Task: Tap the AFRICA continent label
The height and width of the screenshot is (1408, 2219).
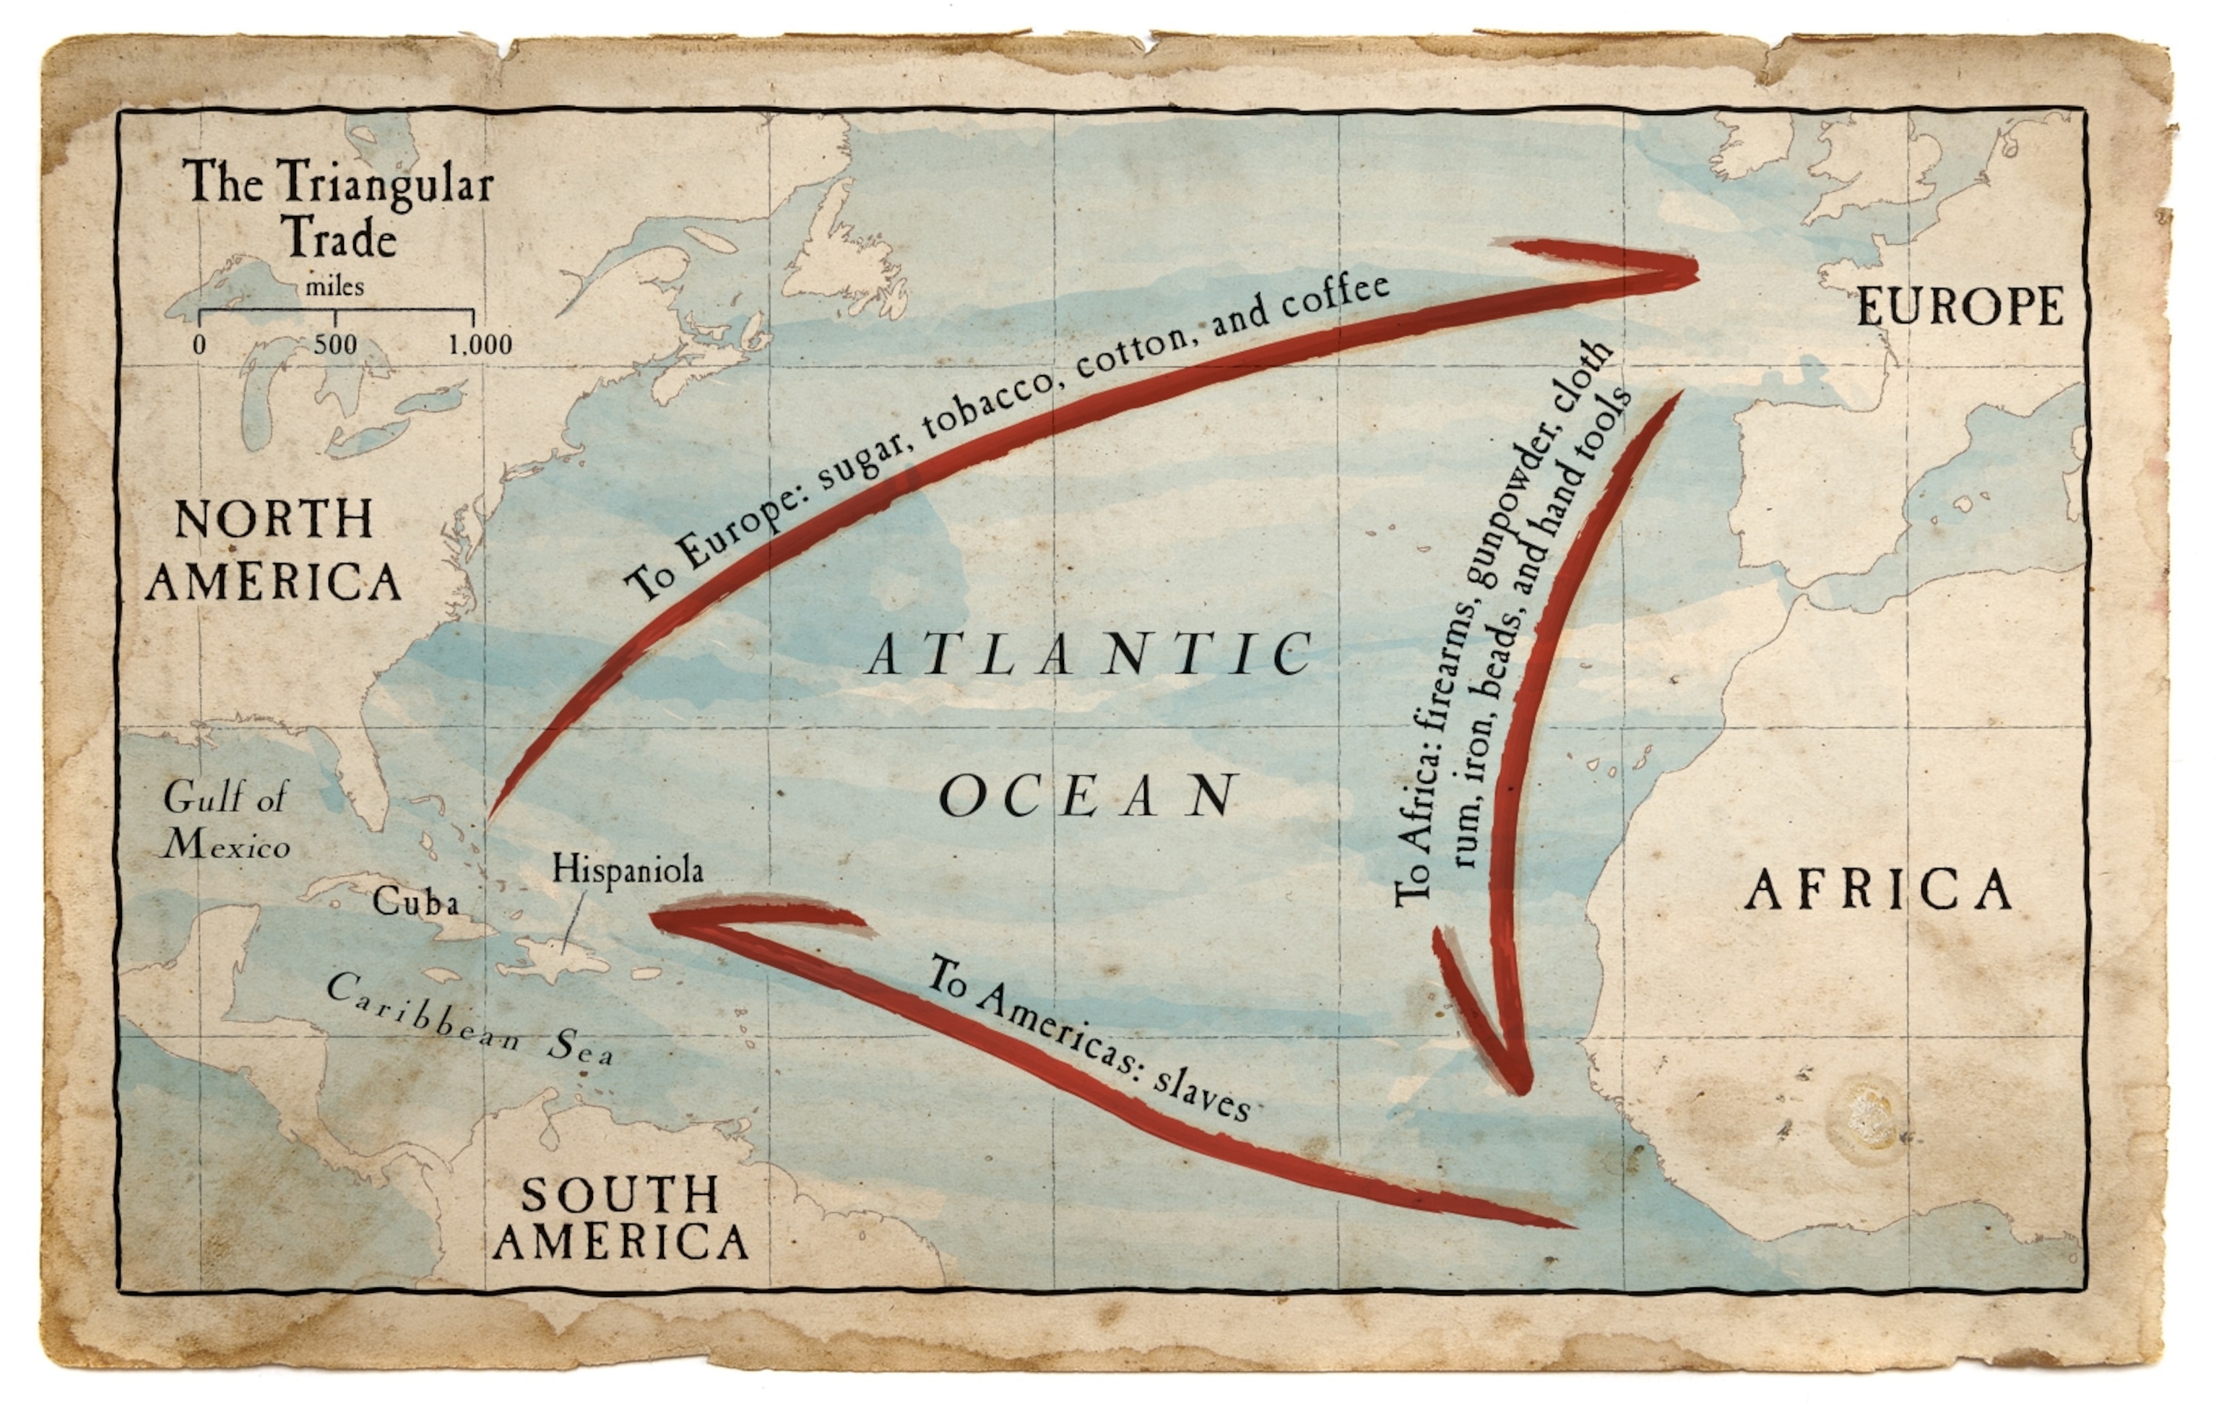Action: pos(1880,890)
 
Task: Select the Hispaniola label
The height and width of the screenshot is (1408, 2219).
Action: pos(628,870)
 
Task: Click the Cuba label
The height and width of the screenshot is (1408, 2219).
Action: pos(415,901)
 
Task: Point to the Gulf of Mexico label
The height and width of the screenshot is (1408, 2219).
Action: pos(227,820)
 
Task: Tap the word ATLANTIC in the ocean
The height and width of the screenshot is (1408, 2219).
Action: pos(1090,655)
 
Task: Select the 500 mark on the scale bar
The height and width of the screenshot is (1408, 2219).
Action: pos(334,345)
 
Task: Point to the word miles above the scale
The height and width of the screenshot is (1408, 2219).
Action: pos(334,287)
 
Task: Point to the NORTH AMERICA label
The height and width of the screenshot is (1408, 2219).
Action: pos(274,550)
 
